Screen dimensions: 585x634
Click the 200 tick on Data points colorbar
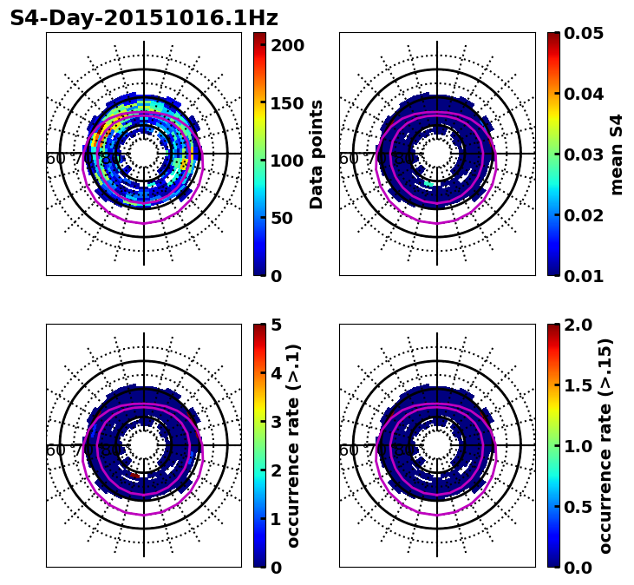coord(288,45)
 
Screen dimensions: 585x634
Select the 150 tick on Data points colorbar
coord(288,103)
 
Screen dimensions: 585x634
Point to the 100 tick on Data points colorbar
coord(288,161)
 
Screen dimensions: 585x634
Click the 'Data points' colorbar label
coord(317,154)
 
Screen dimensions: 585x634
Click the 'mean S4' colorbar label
coord(617,154)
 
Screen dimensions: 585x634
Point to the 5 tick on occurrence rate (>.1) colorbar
coord(277,325)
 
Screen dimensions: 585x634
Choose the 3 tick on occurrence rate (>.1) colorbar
coord(277,422)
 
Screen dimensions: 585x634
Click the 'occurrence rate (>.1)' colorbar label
coord(293,446)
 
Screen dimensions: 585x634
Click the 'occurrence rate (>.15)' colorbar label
coord(605,446)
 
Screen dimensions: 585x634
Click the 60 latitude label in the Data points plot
coord(55,159)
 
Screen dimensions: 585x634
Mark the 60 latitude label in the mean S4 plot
coord(348,159)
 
